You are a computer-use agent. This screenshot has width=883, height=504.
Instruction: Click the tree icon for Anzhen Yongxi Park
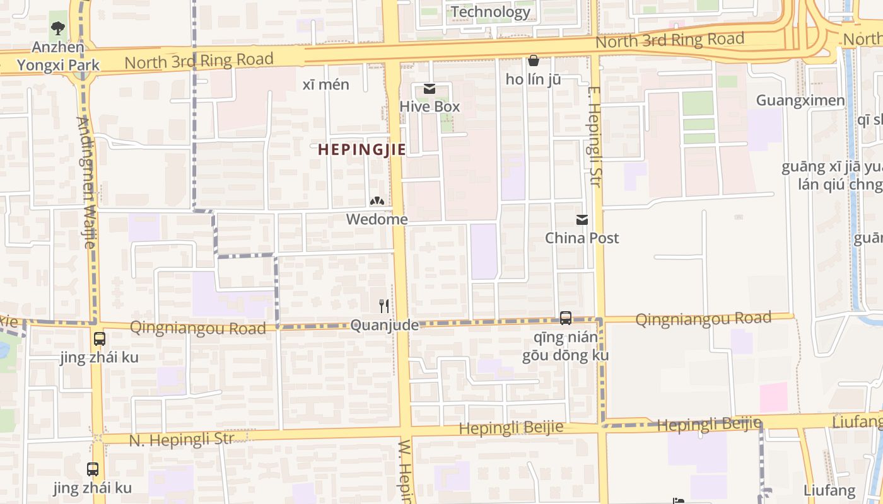pyautogui.click(x=58, y=28)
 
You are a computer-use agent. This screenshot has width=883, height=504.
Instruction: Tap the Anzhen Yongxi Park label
pyautogui.click(x=58, y=56)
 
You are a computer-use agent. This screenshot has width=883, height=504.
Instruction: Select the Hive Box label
pyautogui.click(x=430, y=106)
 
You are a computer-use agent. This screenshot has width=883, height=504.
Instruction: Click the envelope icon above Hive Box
pyautogui.click(x=430, y=89)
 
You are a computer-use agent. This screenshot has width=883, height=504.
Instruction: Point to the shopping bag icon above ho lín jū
pyautogui.click(x=533, y=60)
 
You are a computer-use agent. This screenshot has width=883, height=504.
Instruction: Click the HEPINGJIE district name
pyautogui.click(x=361, y=149)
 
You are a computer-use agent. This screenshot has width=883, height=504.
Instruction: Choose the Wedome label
pyautogui.click(x=377, y=219)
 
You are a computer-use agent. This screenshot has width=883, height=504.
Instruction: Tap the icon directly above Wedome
pyautogui.click(x=377, y=202)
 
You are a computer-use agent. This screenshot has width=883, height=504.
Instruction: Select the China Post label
pyautogui.click(x=582, y=238)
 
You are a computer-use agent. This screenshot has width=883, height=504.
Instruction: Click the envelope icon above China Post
pyautogui.click(x=582, y=220)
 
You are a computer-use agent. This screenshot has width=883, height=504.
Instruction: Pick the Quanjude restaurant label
pyautogui.click(x=384, y=325)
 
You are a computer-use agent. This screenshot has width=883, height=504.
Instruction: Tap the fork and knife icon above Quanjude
pyautogui.click(x=384, y=306)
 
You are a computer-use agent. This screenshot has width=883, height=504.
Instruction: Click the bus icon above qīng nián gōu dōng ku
pyautogui.click(x=566, y=318)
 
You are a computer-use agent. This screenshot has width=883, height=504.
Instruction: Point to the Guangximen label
pyautogui.click(x=800, y=100)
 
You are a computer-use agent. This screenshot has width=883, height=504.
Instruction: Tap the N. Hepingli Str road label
pyautogui.click(x=181, y=439)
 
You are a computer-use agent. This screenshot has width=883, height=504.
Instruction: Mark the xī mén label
pyautogui.click(x=325, y=84)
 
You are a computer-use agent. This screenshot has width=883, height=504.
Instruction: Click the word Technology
pyautogui.click(x=490, y=12)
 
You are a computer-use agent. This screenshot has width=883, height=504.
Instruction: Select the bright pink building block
pyautogui.click(x=773, y=397)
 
